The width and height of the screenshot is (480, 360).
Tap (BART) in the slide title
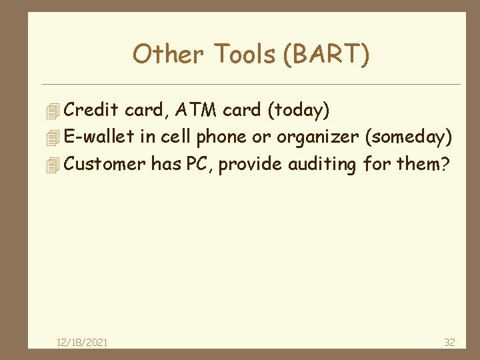326,55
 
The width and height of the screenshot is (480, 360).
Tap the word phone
223,137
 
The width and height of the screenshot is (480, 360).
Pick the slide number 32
449,342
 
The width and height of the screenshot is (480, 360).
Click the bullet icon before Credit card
55,110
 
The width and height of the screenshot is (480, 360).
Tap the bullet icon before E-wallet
55,138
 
